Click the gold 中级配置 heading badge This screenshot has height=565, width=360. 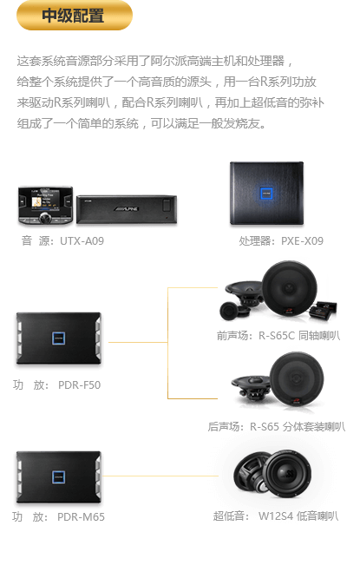(x=75, y=15)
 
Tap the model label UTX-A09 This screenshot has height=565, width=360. (x=82, y=240)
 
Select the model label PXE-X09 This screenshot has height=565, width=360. (x=302, y=240)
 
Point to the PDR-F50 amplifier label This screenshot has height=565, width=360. (x=79, y=384)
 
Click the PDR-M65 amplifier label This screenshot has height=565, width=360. (x=81, y=517)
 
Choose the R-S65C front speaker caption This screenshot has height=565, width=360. (x=278, y=336)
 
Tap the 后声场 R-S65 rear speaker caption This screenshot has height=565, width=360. (x=277, y=427)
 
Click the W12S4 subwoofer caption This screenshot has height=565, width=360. (x=276, y=516)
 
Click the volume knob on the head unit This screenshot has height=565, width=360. (x=46, y=217)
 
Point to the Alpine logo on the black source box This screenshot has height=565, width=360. (x=127, y=208)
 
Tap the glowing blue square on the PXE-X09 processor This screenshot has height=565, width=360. (x=266, y=194)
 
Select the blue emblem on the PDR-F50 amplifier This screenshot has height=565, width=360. (x=58, y=338)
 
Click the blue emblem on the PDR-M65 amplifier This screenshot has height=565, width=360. (x=58, y=477)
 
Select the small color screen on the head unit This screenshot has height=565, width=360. (x=45, y=200)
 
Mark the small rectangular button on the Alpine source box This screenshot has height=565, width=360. (x=167, y=206)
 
